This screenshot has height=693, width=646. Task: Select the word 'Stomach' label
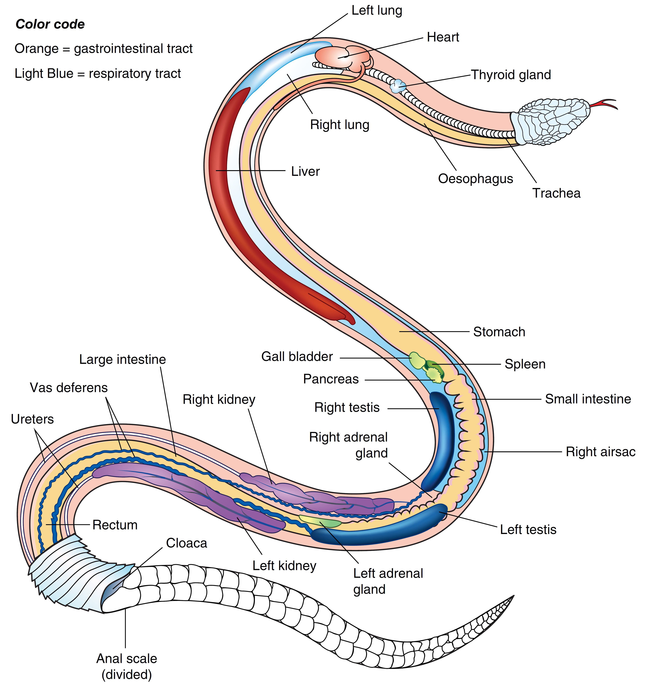[x=499, y=332]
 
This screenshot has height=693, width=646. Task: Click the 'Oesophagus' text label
[x=475, y=178]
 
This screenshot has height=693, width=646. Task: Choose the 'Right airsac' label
[x=600, y=452]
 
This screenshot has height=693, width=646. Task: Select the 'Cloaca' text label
[x=186, y=543]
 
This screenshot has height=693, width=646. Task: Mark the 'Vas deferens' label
[x=69, y=388]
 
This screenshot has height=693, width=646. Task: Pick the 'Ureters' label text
[x=32, y=419]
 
